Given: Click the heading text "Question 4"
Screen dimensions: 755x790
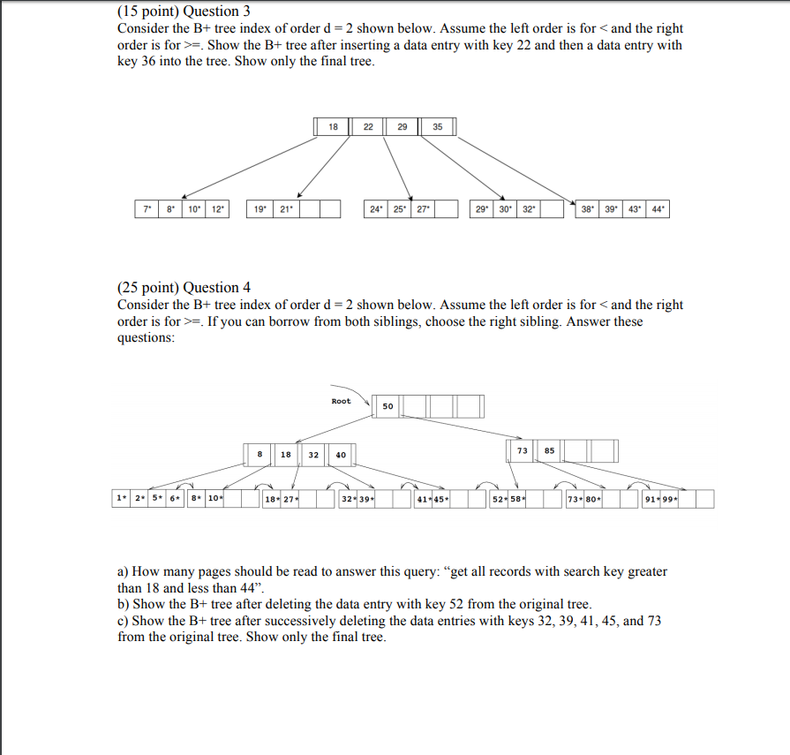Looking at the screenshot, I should (x=216, y=288).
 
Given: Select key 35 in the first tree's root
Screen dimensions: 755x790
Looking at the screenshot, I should (x=438, y=127).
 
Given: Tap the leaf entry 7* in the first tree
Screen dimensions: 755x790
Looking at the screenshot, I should (x=147, y=209).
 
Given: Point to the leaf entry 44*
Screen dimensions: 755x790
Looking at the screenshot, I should (x=658, y=209).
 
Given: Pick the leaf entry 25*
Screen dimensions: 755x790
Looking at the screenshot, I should (x=399, y=209).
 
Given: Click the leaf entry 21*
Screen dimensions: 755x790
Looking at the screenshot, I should (x=284, y=209).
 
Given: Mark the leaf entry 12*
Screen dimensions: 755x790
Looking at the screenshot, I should (x=216, y=209).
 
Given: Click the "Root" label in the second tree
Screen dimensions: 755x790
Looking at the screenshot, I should (x=341, y=402).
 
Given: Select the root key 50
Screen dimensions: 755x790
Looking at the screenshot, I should (x=388, y=407).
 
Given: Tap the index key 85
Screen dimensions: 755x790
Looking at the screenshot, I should (x=549, y=450).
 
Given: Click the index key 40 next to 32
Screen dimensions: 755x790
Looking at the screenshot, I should (x=341, y=455).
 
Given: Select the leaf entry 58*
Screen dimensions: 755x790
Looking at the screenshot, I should (x=518, y=500).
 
